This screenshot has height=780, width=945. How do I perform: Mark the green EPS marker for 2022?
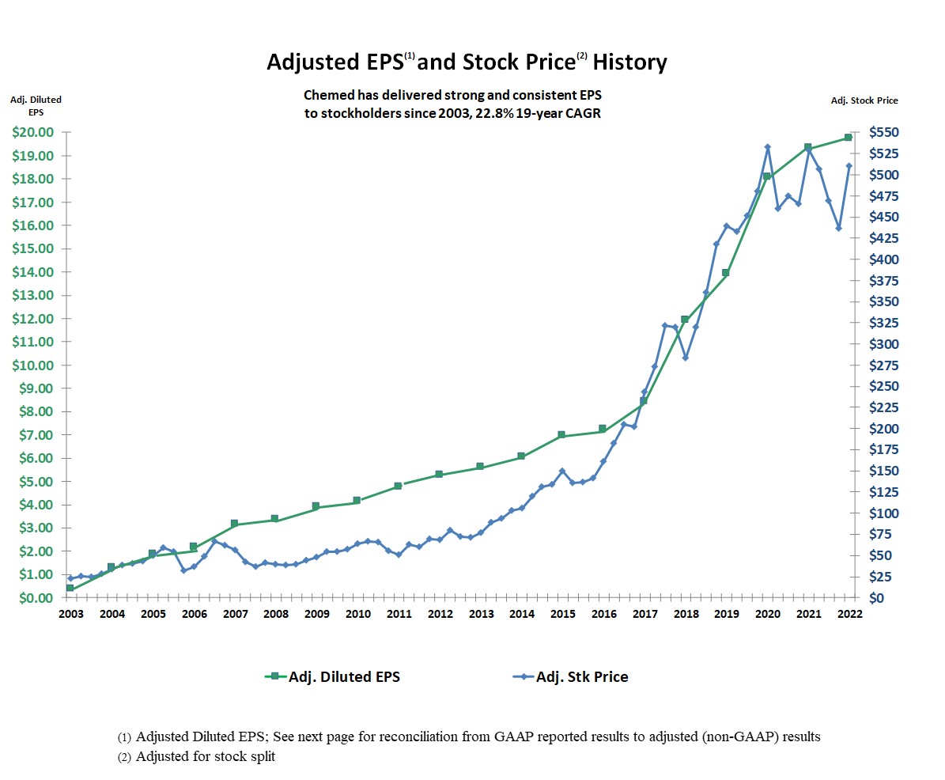849,138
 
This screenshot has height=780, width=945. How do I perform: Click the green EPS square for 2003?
70,588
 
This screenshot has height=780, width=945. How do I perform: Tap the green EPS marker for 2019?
725,273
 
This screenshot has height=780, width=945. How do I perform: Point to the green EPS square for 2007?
234,524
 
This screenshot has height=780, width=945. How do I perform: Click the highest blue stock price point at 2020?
767,147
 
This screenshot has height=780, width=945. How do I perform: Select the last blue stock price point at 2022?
849,166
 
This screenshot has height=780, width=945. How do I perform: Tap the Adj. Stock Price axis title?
864,100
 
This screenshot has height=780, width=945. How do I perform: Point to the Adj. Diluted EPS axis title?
36,106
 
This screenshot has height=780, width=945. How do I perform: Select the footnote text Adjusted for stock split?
206,756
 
